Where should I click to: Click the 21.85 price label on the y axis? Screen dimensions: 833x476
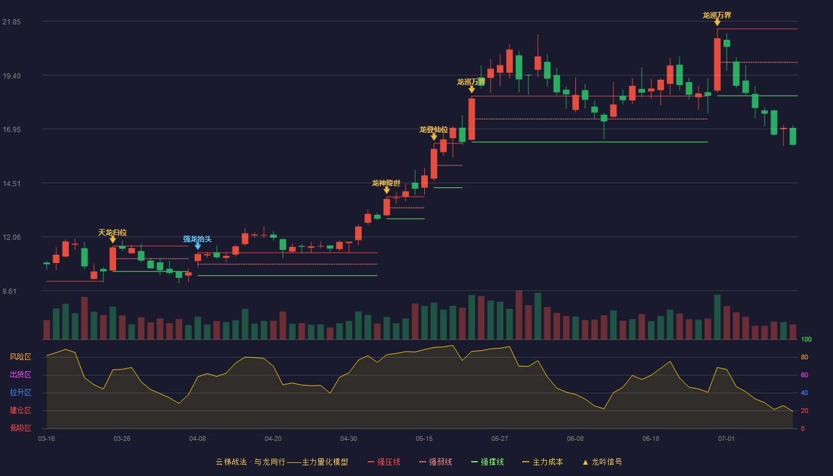(11, 22)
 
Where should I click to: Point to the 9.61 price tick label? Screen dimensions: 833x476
(10, 291)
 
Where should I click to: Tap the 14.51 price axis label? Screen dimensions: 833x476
(11, 184)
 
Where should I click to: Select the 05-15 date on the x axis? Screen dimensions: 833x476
(424, 439)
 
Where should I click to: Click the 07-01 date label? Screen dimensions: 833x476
(726, 439)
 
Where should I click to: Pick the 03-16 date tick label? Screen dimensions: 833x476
(46, 439)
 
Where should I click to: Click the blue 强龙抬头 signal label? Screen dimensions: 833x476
(197, 239)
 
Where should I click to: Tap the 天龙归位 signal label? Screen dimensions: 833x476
(112, 233)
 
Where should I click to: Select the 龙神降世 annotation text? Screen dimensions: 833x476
(386, 183)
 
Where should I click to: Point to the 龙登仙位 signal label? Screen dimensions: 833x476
(434, 130)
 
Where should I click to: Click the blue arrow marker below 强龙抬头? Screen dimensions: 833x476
(198, 246)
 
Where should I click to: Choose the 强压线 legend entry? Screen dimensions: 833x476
(384, 462)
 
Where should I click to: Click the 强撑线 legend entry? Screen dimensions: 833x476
(487, 462)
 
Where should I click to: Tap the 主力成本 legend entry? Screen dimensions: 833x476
(543, 462)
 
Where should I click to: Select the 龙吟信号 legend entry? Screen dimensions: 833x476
(602, 462)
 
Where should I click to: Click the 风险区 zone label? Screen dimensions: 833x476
(20, 357)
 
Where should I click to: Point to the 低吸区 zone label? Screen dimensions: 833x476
(20, 428)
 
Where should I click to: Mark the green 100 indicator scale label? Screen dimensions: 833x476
(806, 339)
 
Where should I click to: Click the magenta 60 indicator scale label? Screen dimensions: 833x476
(804, 375)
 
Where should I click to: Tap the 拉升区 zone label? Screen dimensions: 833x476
(20, 393)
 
